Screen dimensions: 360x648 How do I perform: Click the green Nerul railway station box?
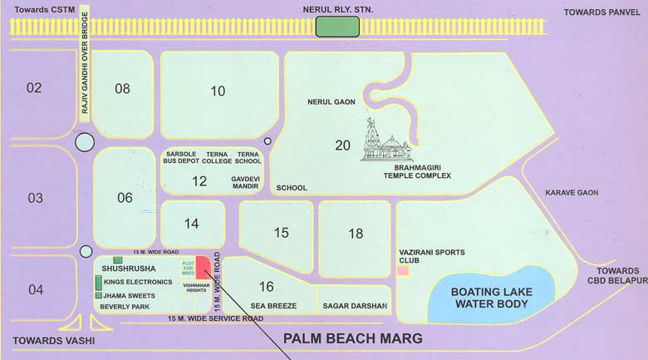click(337, 27)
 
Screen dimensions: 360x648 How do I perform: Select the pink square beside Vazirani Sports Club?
click(403, 271)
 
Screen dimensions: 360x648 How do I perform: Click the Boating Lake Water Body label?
click(490, 298)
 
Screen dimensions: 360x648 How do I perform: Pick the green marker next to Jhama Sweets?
click(98, 295)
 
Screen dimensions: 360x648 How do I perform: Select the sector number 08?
click(122, 88)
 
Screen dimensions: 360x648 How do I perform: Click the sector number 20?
click(342, 145)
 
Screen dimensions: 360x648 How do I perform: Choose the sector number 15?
click(282, 232)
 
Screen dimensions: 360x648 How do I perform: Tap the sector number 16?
click(266, 287)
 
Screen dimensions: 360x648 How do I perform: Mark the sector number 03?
click(35, 198)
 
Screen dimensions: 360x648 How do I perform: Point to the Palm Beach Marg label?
click(353, 338)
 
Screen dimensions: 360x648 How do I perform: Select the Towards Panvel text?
click(602, 12)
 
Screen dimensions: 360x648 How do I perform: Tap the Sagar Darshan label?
click(355, 306)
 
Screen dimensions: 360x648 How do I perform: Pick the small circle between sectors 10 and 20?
click(268, 141)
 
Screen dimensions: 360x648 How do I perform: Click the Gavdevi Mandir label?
click(246, 183)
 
